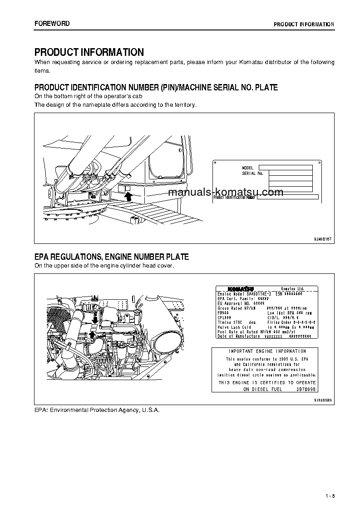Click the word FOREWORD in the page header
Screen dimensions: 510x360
coord(52,24)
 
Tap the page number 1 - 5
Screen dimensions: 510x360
coord(330,495)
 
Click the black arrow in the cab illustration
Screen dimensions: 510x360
coord(128,196)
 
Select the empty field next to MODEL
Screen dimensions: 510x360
coord(286,168)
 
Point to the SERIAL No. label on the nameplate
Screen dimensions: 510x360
coord(253,173)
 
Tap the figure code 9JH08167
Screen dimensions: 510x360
coord(323,239)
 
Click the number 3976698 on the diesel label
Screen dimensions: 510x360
coord(306,389)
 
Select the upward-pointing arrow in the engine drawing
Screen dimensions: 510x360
coord(92,335)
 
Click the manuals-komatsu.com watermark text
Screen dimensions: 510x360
coord(226,192)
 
